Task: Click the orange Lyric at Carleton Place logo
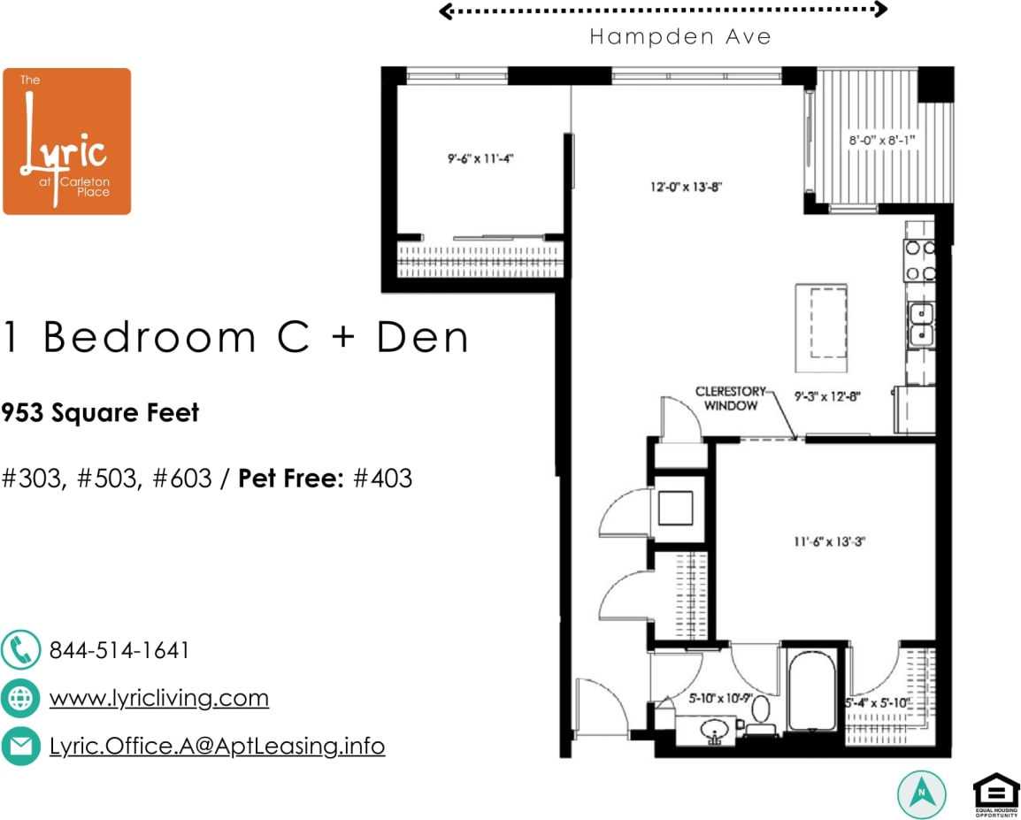(66, 142)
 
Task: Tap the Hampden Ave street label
(679, 37)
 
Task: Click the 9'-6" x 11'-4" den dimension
(480, 159)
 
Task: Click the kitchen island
(821, 326)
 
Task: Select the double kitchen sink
(921, 323)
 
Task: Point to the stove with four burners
(921, 262)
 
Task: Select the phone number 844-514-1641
(119, 650)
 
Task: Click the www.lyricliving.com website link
(159, 698)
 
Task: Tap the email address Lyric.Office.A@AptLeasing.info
(217, 746)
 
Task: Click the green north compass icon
(921, 792)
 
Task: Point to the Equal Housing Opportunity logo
(995, 793)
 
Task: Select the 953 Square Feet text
(101, 412)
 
